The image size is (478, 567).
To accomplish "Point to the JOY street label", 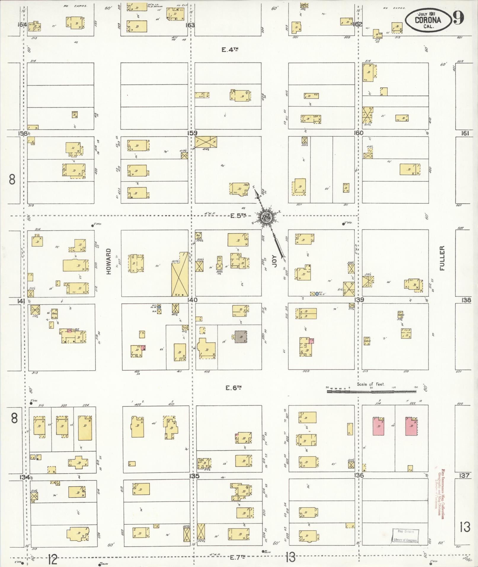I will [x=274, y=261].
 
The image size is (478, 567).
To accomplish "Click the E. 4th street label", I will [x=230, y=50].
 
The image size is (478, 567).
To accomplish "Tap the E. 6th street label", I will [x=232, y=387].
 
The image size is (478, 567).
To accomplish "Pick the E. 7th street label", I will [x=238, y=557].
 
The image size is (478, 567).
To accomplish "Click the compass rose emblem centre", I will [x=266, y=218].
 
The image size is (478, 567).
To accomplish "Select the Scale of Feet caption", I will [x=370, y=384].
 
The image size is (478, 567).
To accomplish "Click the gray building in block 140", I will [x=241, y=337].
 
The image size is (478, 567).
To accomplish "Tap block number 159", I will [x=192, y=133].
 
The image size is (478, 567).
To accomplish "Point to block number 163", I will [x=190, y=25].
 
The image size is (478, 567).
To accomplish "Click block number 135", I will [x=194, y=476].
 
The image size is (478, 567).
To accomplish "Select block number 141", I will [x=21, y=301].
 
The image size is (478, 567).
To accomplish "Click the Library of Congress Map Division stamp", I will [x=405, y=536].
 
